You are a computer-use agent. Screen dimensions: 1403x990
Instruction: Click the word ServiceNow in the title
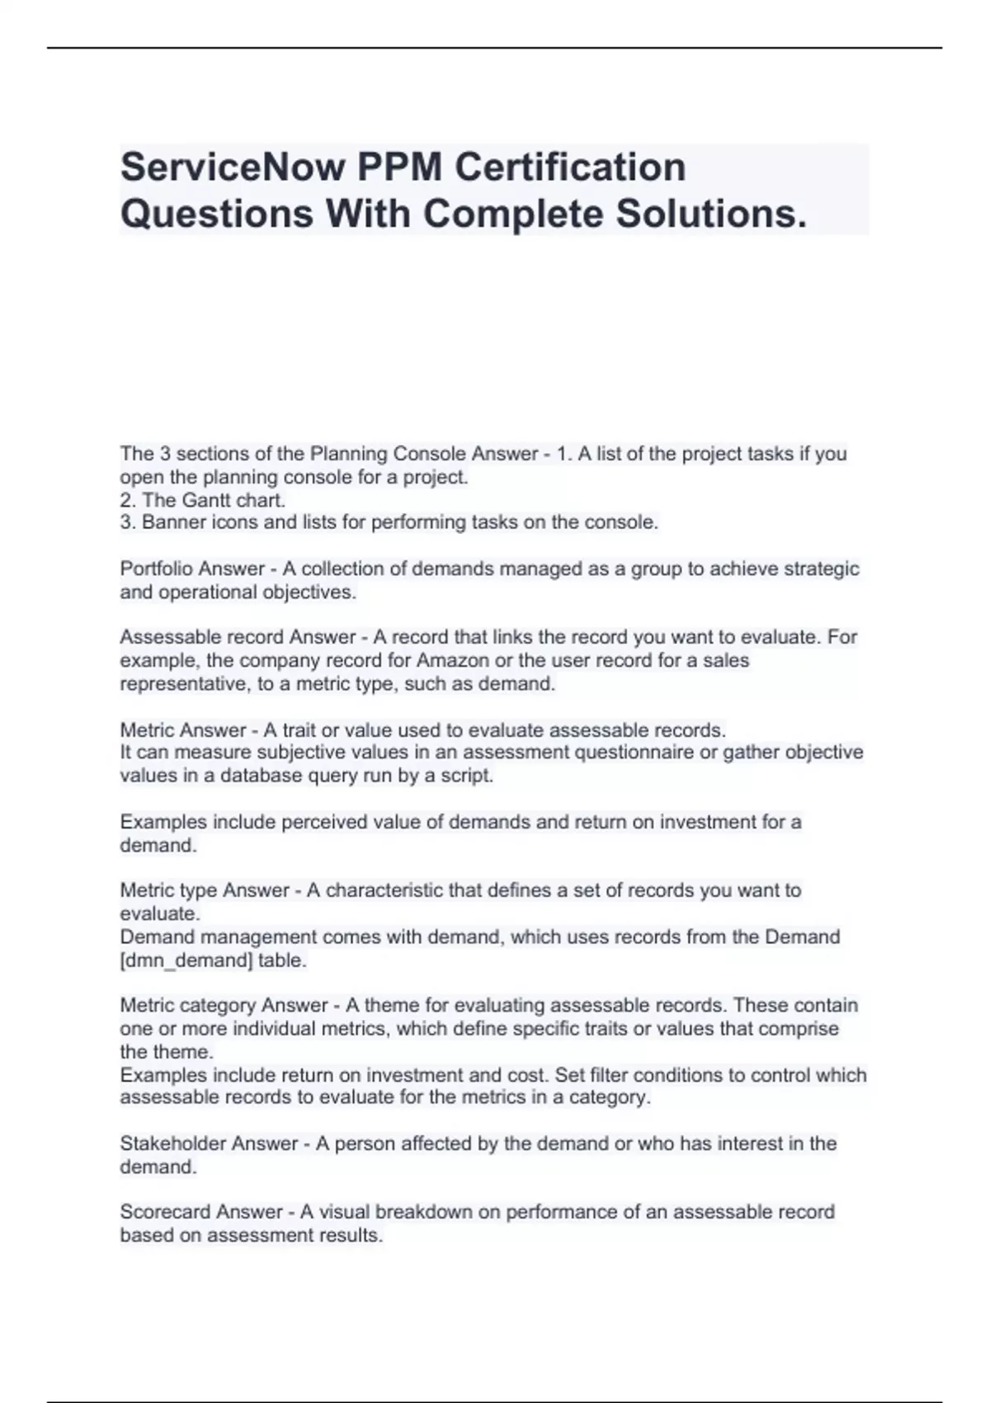point(232,167)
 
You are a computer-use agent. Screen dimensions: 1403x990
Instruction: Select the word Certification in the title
point(571,167)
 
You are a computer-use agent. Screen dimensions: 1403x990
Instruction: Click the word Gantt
point(206,500)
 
